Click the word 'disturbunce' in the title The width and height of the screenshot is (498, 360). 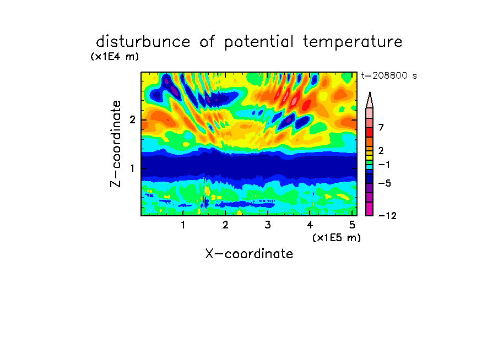coord(143,42)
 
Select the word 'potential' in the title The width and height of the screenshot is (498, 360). coord(259,42)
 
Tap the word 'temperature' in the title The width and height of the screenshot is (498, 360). coord(352,42)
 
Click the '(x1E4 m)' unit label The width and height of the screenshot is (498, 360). coord(115,57)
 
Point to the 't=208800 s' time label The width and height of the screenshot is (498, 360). coord(389,76)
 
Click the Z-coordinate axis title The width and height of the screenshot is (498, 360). coord(116,144)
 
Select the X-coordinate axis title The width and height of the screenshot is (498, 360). coord(249,254)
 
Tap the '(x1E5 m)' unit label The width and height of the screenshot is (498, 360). coord(337,238)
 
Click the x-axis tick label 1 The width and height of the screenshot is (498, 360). coord(183,225)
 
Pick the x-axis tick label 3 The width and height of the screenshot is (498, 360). coord(268,225)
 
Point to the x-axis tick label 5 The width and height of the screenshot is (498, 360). coord(352,225)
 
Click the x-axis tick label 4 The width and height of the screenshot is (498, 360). coord(310,225)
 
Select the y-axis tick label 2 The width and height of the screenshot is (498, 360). coord(132,120)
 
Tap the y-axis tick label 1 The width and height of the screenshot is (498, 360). coord(132,168)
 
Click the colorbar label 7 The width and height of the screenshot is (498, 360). coord(381,128)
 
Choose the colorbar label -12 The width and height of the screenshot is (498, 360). coord(387,216)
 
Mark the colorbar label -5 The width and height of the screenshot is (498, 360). coord(385,183)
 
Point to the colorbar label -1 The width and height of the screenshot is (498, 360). coord(384,165)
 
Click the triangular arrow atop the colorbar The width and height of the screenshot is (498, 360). coord(370,100)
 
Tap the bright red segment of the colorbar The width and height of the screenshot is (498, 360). coord(370,132)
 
